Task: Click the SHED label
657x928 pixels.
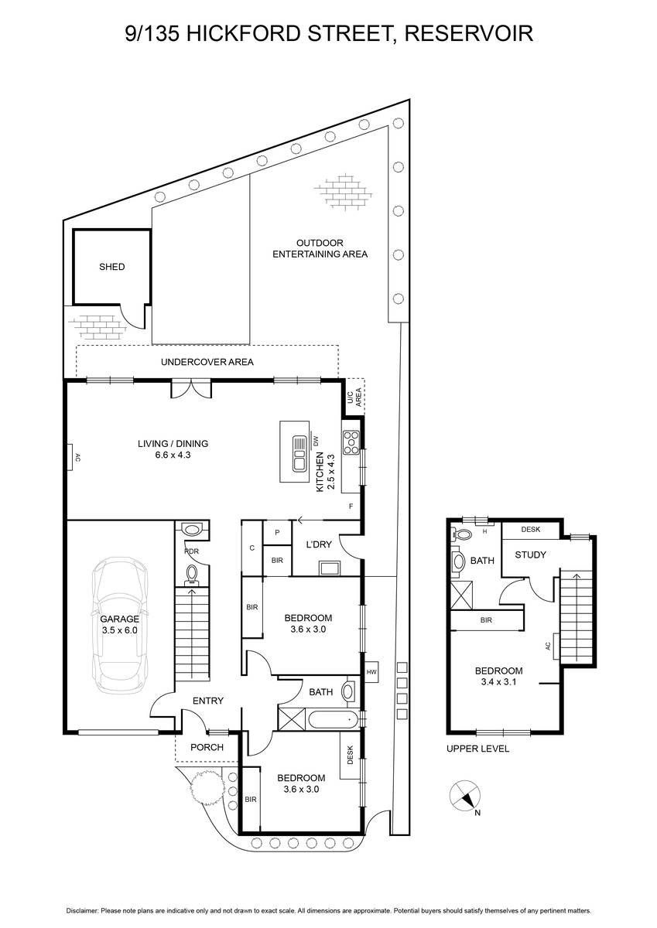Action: pos(112,267)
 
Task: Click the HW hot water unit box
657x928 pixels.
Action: pos(371,672)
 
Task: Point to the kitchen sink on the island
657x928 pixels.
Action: pos(299,454)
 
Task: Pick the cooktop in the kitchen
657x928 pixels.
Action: pos(351,443)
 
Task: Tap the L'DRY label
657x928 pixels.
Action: pos(319,544)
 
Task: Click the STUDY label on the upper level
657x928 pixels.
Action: pos(530,554)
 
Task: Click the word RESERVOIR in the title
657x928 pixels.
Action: pos(469,33)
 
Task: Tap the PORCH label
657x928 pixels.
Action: pos(207,747)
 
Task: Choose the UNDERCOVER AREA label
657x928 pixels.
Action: pos(207,362)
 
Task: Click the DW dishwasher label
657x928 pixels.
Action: pos(317,442)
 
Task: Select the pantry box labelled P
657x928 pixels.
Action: pos(277,533)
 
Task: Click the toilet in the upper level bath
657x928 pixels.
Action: pos(460,534)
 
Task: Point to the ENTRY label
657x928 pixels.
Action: pos(208,701)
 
